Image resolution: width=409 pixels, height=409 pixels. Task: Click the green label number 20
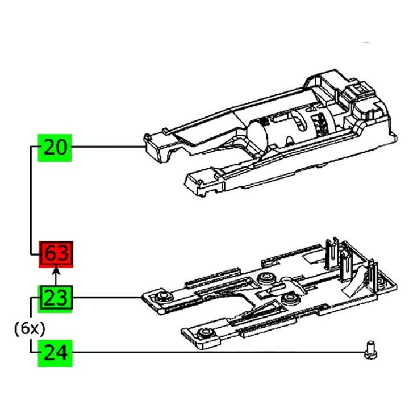[x=55, y=148]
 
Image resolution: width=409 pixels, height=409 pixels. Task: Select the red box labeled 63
[x=56, y=254]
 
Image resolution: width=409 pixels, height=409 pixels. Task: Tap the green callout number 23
[x=56, y=297]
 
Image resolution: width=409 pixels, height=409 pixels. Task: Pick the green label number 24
[x=55, y=353]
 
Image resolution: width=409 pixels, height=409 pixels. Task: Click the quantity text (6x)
[x=30, y=328]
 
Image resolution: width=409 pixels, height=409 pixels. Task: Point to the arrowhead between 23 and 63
[x=56, y=274]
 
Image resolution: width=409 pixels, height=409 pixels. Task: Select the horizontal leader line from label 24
[x=216, y=353]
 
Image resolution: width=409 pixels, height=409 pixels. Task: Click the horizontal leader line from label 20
[x=108, y=148]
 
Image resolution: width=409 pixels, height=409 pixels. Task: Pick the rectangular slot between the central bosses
[x=267, y=295]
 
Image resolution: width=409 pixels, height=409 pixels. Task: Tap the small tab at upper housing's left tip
[x=148, y=137]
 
